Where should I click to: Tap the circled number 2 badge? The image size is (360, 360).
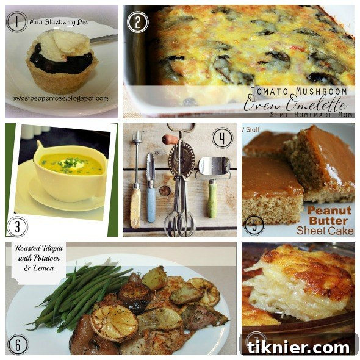137,22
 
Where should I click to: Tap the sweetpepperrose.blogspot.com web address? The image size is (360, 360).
60,98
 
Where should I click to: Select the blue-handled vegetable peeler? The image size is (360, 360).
151,189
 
